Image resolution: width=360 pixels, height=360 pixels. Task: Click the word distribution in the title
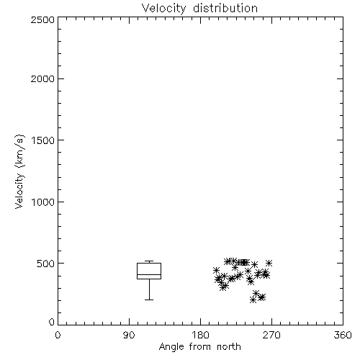pyautogui.click(x=225, y=9)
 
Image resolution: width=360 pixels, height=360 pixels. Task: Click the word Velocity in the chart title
pyautogui.click(x=164, y=9)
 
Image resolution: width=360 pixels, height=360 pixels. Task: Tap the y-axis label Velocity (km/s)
pyautogui.click(x=19, y=171)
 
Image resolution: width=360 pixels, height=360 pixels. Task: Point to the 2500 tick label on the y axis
pyautogui.click(x=42, y=19)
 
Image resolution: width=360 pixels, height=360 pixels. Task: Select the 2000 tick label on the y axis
pyautogui.click(x=42, y=78)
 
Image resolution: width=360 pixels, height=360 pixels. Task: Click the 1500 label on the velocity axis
pyautogui.click(x=43, y=140)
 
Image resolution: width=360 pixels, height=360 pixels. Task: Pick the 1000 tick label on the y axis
pyautogui.click(x=43, y=202)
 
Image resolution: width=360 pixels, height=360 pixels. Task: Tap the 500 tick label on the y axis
pyautogui.click(x=46, y=264)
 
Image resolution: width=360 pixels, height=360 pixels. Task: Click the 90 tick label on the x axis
pyautogui.click(x=129, y=335)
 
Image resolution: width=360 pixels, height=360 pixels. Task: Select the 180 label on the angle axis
pyautogui.click(x=200, y=335)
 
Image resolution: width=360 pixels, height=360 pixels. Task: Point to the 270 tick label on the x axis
pyautogui.click(x=271, y=335)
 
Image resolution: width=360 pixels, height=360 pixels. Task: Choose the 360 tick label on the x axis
pyautogui.click(x=343, y=335)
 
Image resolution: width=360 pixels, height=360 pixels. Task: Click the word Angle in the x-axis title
pyautogui.click(x=171, y=347)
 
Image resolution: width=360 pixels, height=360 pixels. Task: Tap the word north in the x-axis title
pyautogui.click(x=229, y=347)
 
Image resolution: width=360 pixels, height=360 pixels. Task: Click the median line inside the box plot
pyautogui.click(x=149, y=274)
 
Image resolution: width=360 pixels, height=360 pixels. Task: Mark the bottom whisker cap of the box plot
pyautogui.click(x=149, y=300)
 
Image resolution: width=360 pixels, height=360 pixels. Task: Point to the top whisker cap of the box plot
pyautogui.click(x=149, y=261)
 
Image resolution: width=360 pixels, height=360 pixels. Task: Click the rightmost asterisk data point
pyautogui.click(x=269, y=263)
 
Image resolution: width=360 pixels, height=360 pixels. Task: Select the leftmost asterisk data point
pyautogui.click(x=216, y=270)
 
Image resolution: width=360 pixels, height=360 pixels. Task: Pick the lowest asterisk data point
pyautogui.click(x=253, y=300)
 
